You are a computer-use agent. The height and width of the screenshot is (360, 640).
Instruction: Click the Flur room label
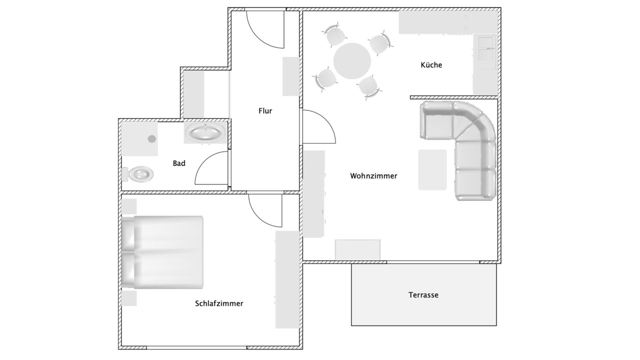[x=265, y=111]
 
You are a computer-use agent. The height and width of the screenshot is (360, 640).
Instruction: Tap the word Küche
[x=431, y=65]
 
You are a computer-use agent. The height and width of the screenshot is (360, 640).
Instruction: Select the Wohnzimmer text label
[x=373, y=175]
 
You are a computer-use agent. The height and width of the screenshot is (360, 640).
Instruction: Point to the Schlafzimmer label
[x=219, y=303]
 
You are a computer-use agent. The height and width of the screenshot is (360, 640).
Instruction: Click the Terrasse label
[x=423, y=295]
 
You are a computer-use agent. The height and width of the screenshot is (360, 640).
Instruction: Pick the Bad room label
[x=179, y=163]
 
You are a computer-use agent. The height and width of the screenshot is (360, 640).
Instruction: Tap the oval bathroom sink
[x=205, y=132]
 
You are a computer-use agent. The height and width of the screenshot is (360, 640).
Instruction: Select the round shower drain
[x=151, y=139]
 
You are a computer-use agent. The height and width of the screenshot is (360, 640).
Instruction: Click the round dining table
[x=352, y=61]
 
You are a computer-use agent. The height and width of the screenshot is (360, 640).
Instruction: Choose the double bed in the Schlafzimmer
[x=162, y=252]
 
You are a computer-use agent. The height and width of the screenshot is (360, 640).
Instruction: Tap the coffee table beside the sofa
[x=432, y=169]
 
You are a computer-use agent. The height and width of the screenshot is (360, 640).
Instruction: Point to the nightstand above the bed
[x=129, y=206]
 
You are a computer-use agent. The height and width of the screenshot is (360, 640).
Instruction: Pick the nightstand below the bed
[x=129, y=298]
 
